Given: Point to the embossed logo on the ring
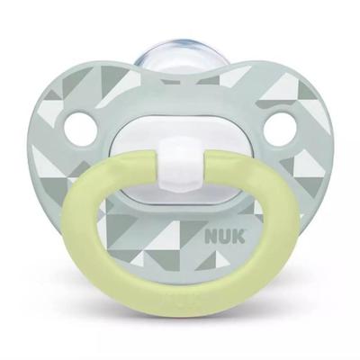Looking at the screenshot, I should pos(180,319).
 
